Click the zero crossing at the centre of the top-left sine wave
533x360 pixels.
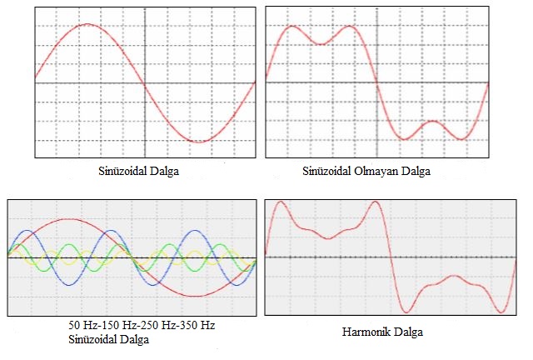point(145,82)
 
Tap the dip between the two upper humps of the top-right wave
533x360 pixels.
point(321,43)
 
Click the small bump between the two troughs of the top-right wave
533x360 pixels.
point(432,122)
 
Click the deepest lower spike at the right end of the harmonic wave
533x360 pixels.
point(501,312)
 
